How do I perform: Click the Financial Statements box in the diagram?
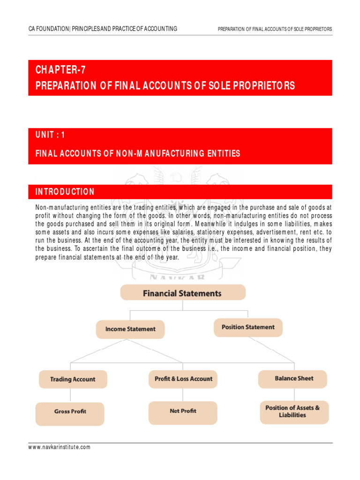182,293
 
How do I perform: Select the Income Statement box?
130,329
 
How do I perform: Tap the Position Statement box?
248,327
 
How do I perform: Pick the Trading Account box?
73,379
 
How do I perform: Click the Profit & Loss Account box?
183,379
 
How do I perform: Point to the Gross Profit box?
70,412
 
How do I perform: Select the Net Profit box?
183,411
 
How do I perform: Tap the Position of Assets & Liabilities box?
292,412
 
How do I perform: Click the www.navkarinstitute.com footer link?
60,447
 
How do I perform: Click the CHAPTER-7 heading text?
60,70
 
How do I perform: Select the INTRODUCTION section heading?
65,192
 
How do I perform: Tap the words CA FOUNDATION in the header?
48,29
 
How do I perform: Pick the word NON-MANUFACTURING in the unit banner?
150,153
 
